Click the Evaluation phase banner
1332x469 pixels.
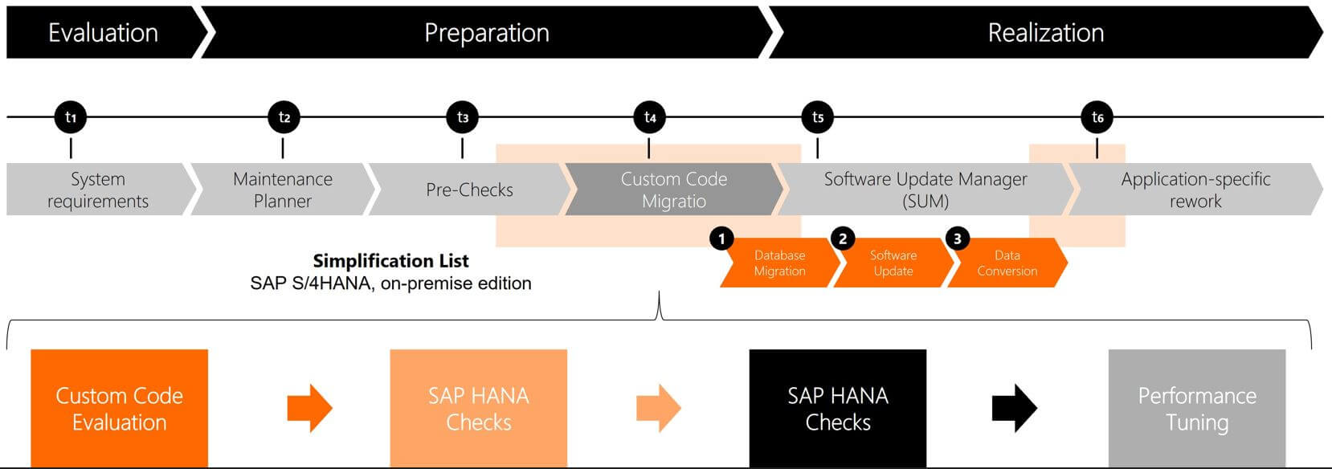pos(103,32)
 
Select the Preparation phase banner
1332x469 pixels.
pos(486,32)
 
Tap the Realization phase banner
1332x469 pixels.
pos(1045,32)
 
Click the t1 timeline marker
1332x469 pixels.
pos(71,117)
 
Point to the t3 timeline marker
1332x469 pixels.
pos(462,117)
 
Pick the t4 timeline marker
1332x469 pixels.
pos(649,117)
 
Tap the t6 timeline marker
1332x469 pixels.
pos(1097,117)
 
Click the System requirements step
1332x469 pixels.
pos(97,190)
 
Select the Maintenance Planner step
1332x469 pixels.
pos(282,190)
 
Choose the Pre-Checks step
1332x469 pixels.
pos(469,190)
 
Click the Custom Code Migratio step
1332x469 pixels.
pos(673,190)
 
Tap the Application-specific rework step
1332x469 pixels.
pos(1195,190)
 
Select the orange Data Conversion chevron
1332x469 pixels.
pos(1007,263)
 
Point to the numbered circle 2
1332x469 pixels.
pos(842,239)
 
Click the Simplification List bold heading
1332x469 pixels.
pos(390,260)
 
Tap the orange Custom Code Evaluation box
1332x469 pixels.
pos(119,408)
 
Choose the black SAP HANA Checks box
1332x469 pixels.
pos(837,408)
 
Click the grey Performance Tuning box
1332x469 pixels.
pos(1196,408)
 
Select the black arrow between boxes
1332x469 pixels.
pos(1014,408)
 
